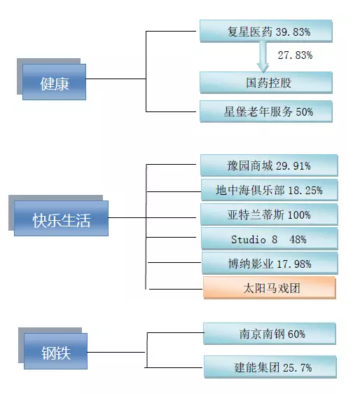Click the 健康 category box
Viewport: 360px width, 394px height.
click(54, 82)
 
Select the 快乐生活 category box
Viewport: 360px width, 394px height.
click(61, 218)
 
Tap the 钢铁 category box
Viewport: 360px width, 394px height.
click(56, 351)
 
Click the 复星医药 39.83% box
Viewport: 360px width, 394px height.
click(266, 31)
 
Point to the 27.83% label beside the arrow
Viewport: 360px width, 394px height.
click(295, 55)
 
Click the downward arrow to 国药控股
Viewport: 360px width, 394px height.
click(263, 57)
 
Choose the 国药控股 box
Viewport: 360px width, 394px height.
click(266, 83)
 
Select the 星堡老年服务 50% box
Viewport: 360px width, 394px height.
click(266, 111)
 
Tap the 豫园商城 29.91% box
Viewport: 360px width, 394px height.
click(269, 165)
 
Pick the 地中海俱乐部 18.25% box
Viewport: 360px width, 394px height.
click(270, 190)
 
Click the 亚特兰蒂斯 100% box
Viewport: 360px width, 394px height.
click(269, 215)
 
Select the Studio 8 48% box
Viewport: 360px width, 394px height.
click(270, 238)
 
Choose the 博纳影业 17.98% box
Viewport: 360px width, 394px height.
click(270, 263)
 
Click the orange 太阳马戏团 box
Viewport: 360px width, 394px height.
click(270, 287)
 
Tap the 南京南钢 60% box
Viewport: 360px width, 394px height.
click(270, 334)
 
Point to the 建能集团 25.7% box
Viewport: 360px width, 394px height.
click(270, 367)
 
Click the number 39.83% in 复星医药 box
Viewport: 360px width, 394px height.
click(293, 32)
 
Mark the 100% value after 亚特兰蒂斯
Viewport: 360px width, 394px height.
click(299, 215)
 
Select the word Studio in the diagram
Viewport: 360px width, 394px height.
click(248, 240)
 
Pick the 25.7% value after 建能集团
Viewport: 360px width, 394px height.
click(298, 368)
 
